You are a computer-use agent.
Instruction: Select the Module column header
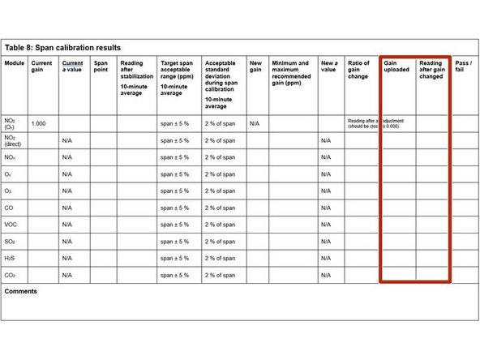pos(15,63)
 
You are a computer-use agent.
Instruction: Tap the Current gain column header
pos(41,66)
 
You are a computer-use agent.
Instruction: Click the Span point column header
pos(101,66)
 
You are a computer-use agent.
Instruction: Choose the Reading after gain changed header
pos(431,71)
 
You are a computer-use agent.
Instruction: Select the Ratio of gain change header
pos(358,71)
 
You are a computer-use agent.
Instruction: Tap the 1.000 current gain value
pos(38,123)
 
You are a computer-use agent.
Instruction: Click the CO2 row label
pos(11,276)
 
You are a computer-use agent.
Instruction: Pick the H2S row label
pos(11,259)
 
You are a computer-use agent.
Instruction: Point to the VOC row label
pos(12,225)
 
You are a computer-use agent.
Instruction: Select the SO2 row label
pos(11,242)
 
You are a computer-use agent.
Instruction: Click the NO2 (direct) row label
pos(15,140)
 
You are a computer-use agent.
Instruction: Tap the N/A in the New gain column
pos(255,123)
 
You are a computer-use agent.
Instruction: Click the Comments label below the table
pos(21,291)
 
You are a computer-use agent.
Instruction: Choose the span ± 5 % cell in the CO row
pos(174,208)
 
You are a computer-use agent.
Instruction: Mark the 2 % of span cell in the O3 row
pos(219,191)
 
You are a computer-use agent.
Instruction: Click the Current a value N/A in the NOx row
pos(67,157)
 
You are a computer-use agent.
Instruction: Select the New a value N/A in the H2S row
pos(326,259)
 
